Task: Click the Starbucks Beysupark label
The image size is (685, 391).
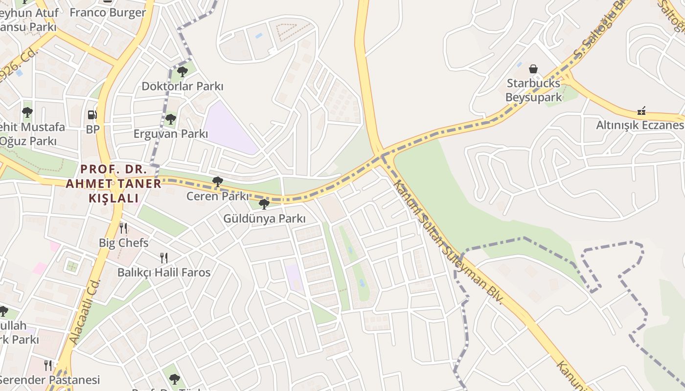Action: point(533,90)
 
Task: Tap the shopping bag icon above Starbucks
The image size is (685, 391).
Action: point(533,69)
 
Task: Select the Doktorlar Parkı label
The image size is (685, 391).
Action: point(182,87)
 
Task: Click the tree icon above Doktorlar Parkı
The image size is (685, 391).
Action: point(182,72)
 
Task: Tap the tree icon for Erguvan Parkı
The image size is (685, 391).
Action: point(170,119)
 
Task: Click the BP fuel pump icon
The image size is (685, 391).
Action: point(92,115)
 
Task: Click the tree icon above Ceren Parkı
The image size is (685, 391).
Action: point(218,182)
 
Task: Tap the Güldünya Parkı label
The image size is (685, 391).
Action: point(264,218)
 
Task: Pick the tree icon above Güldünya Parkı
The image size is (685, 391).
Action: point(264,204)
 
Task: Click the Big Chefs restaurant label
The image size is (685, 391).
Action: point(123,242)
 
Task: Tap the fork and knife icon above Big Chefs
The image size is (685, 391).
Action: point(123,228)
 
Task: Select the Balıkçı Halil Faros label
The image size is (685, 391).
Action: point(164,272)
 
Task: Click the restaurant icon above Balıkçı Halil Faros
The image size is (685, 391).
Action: point(164,258)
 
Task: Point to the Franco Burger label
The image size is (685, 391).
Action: point(108,13)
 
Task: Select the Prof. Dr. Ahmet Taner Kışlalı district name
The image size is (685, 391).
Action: point(114,184)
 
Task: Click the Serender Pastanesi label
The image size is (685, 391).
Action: point(49,380)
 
